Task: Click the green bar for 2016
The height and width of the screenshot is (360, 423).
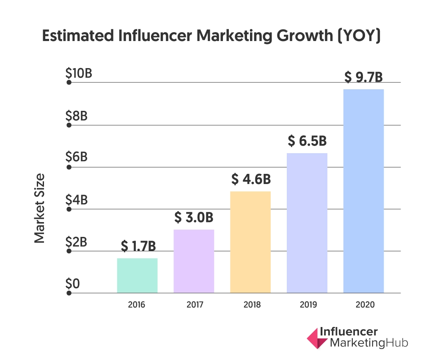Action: [137, 275]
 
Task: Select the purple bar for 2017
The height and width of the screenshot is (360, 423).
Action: [194, 261]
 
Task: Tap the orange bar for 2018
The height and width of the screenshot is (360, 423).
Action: [250, 242]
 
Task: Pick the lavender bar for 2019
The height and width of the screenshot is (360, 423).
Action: [307, 223]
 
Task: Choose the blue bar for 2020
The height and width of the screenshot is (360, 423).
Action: [363, 191]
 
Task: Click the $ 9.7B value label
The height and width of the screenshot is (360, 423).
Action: [363, 77]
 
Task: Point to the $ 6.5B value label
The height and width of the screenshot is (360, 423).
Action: [307, 141]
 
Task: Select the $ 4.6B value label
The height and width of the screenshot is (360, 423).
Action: [251, 179]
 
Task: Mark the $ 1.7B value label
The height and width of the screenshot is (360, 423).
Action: [138, 246]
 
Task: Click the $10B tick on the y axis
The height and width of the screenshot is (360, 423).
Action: [79, 74]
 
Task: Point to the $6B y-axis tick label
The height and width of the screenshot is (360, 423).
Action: [77, 157]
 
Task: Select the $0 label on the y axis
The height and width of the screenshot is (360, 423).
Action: [72, 283]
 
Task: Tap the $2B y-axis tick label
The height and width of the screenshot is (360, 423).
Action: [77, 242]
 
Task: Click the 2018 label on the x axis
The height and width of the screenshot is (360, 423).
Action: [250, 305]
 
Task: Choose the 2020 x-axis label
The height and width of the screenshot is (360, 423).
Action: [363, 305]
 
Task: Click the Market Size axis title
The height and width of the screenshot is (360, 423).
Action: [40, 208]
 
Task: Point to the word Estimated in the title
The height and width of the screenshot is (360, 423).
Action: [79, 36]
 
